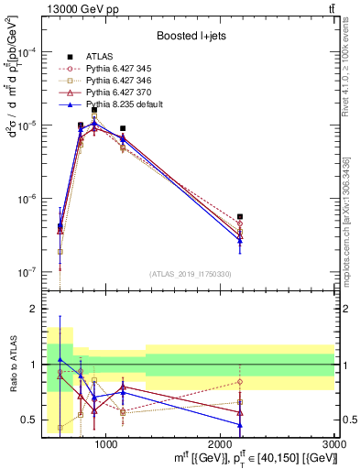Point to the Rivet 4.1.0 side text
[352, 73]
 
